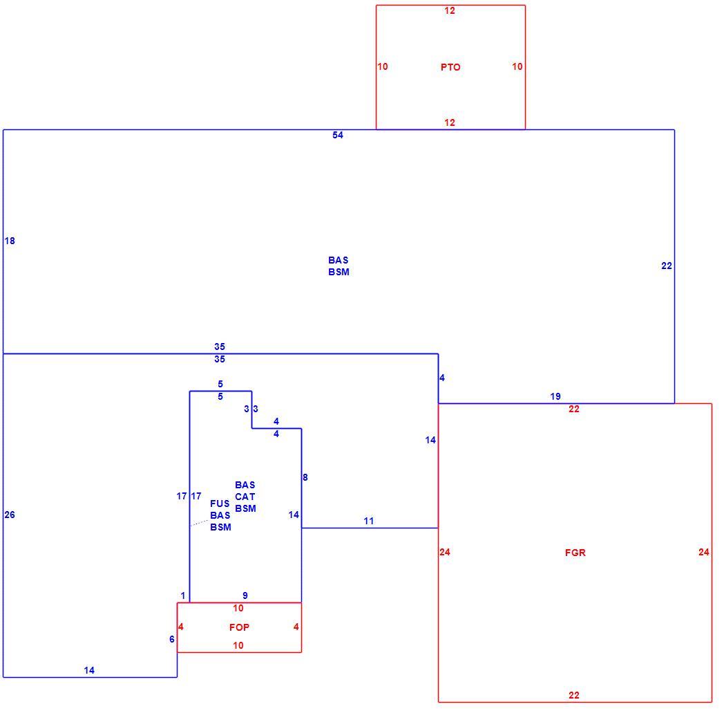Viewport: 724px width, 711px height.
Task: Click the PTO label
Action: pyautogui.click(x=450, y=67)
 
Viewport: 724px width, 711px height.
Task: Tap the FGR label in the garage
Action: pyautogui.click(x=575, y=553)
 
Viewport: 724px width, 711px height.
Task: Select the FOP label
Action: pyautogui.click(x=239, y=627)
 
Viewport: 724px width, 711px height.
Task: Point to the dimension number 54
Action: pyautogui.click(x=338, y=135)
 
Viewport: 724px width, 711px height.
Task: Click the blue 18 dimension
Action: pyautogui.click(x=10, y=241)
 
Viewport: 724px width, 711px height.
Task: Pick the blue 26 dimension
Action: pyautogui.click(x=10, y=515)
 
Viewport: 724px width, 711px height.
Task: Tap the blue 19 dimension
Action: pyautogui.click(x=555, y=396)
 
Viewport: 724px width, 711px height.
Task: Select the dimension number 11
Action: pyautogui.click(x=368, y=521)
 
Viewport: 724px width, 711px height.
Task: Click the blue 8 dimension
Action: pyautogui.click(x=305, y=477)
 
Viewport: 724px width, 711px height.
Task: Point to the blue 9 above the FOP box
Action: pyautogui.click(x=245, y=595)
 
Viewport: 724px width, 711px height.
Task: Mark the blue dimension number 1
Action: pyautogui.click(x=183, y=595)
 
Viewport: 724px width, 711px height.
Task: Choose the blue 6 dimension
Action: pyautogui.click(x=172, y=639)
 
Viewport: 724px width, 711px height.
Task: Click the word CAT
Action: pyautogui.click(x=245, y=497)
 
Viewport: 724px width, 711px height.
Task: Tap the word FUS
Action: pyautogui.click(x=220, y=504)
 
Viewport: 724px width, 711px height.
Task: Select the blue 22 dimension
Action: pyautogui.click(x=666, y=266)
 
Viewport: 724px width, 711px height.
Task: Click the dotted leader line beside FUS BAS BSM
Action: pyautogui.click(x=198, y=524)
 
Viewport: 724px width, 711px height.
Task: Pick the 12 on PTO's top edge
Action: pyautogui.click(x=450, y=10)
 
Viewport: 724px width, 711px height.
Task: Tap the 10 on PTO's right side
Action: pyautogui.click(x=517, y=66)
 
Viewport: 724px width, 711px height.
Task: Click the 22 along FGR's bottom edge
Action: pyautogui.click(x=574, y=695)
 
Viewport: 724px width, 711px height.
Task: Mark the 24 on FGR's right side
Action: pyautogui.click(x=704, y=552)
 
